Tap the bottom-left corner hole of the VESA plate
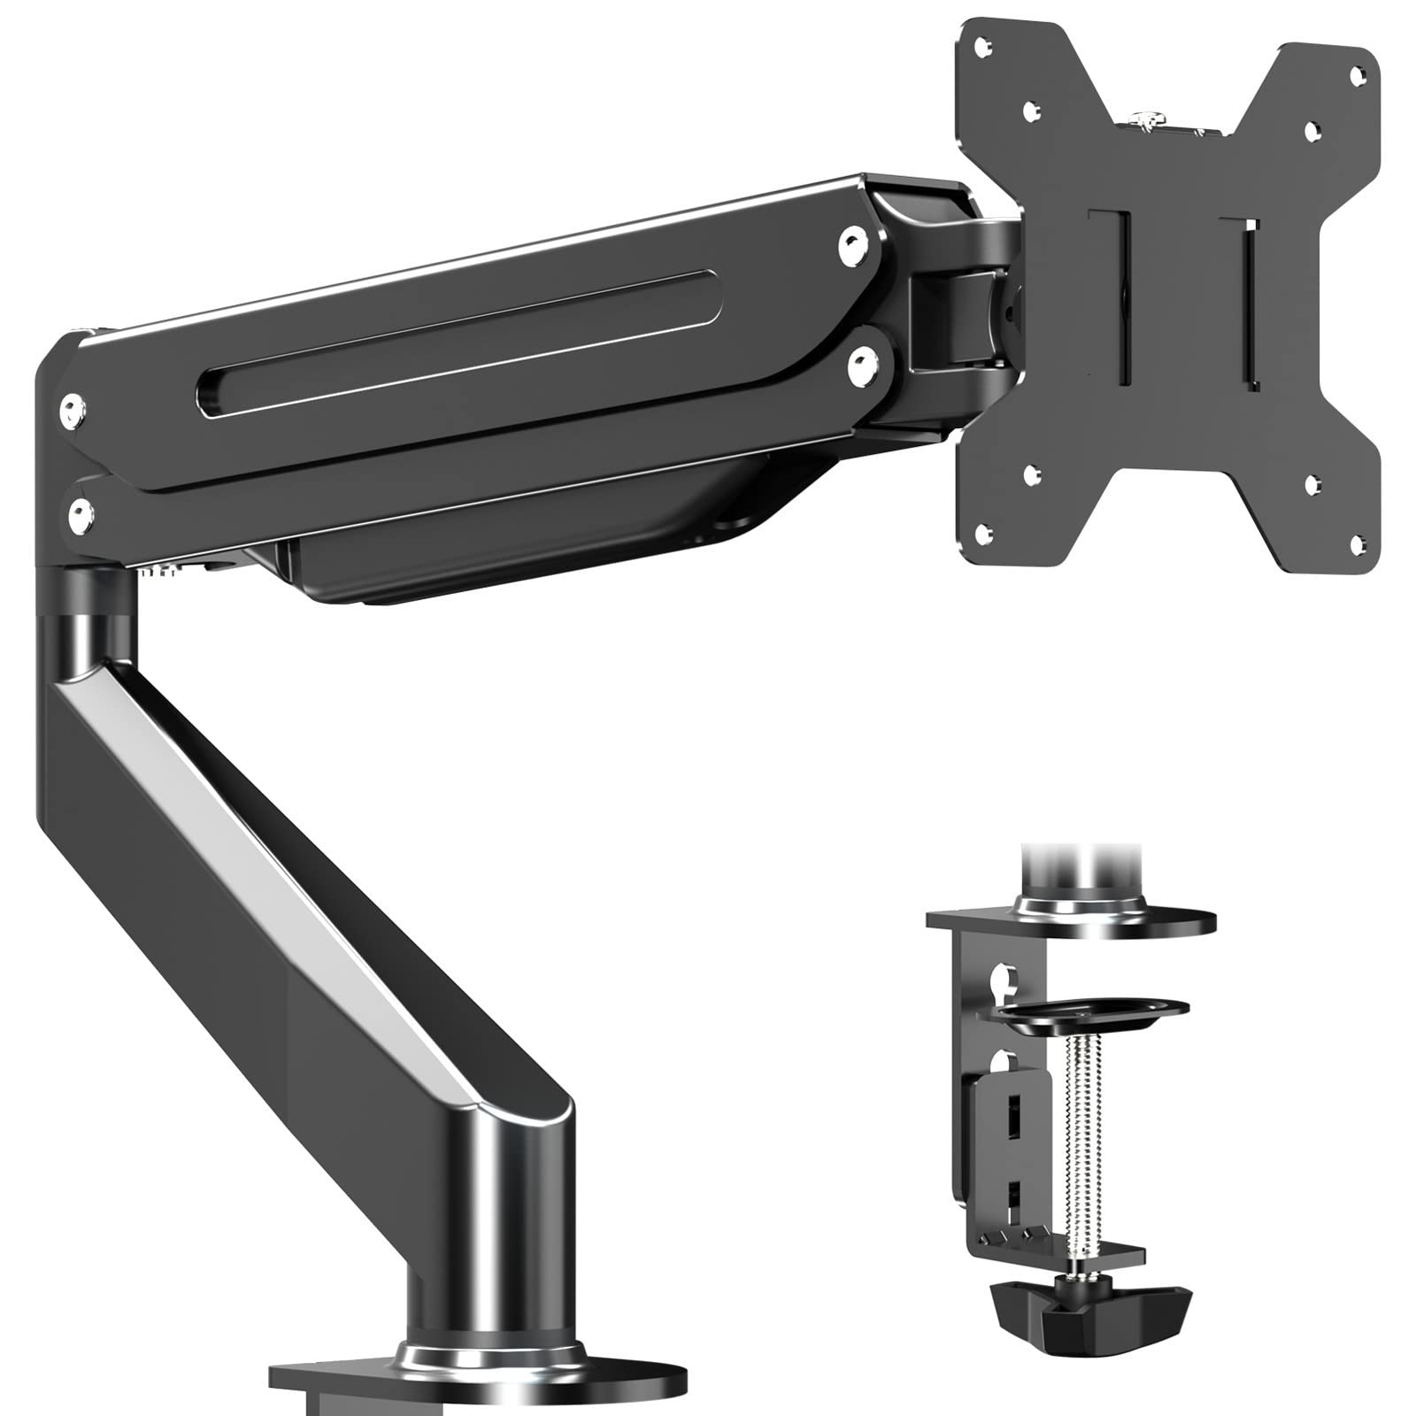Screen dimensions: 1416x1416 981,532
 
